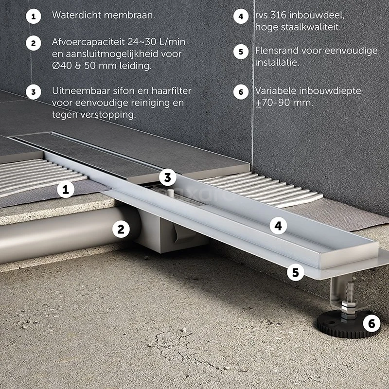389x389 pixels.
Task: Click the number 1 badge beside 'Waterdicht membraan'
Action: coord(34,17)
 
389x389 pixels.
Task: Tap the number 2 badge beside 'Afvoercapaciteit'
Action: coord(34,43)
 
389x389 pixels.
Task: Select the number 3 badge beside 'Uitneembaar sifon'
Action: coord(34,92)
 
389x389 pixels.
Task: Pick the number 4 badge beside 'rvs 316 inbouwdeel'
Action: coord(241,16)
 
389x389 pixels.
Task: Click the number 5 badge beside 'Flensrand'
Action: coord(241,52)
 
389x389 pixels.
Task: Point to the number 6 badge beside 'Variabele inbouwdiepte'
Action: coord(241,92)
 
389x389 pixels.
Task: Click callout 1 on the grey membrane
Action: coord(66,189)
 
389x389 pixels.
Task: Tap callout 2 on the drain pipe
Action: coord(121,229)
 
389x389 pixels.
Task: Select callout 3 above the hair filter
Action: coord(168,177)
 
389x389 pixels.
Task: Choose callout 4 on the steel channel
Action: coord(278,226)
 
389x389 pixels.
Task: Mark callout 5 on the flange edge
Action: coord(296,272)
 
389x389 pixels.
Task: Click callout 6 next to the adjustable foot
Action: coord(371,323)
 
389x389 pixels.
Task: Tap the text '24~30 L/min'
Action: coord(157,42)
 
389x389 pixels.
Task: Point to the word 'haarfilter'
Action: coord(172,90)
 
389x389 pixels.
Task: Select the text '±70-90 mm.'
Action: coord(284,103)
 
